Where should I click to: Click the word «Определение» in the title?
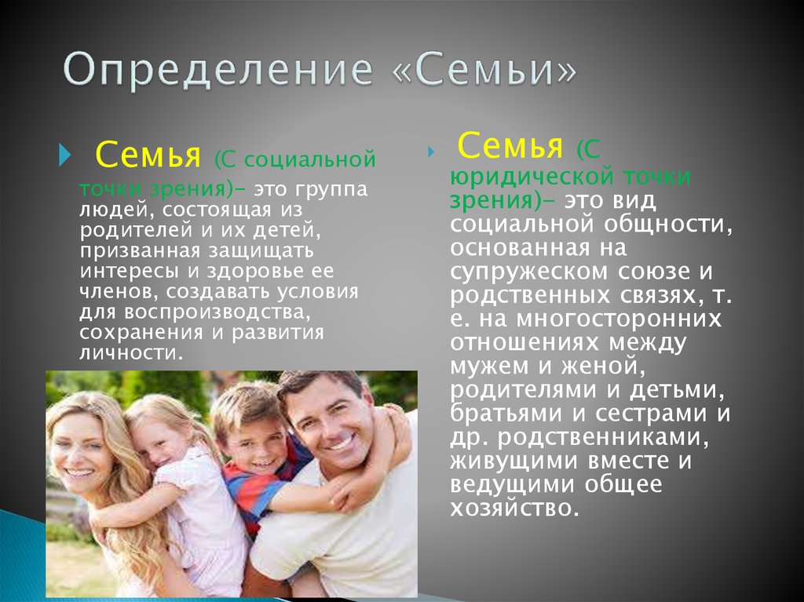(x=218, y=71)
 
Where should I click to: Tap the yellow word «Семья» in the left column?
(x=148, y=155)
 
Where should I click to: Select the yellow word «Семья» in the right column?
(x=510, y=145)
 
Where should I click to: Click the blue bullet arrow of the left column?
(x=64, y=155)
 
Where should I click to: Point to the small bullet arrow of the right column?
(x=431, y=151)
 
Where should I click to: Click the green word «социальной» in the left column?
(x=309, y=159)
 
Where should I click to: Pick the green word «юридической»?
(x=532, y=177)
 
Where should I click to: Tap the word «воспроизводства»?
(x=217, y=312)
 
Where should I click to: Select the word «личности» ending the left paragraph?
(x=131, y=352)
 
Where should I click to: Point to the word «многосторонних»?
(x=619, y=319)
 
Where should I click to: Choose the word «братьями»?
(x=505, y=414)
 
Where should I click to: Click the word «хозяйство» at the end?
(x=514, y=508)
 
